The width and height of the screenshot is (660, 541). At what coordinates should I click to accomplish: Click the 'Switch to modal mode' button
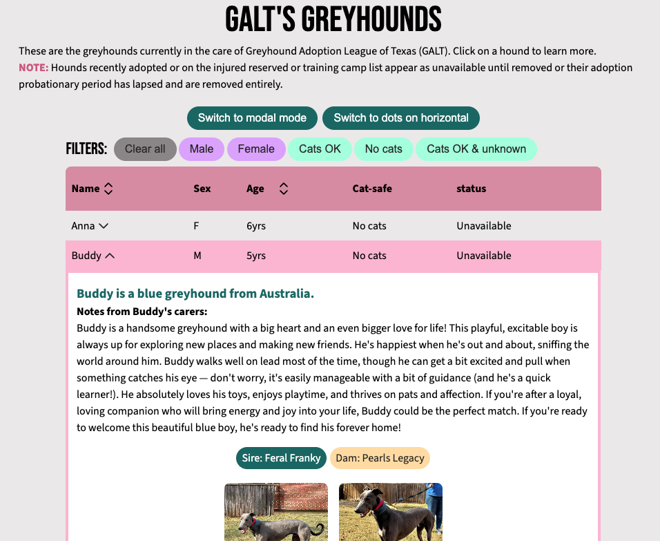252,118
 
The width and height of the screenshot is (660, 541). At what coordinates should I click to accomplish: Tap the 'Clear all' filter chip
145,149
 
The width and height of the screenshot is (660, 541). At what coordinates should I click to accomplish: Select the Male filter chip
202,149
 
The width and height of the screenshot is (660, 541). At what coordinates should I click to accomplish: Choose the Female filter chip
256,149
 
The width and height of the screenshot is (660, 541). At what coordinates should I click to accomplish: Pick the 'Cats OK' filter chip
320,149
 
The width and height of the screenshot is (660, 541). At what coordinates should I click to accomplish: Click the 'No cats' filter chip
383,149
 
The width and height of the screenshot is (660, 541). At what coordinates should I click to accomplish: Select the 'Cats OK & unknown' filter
476,149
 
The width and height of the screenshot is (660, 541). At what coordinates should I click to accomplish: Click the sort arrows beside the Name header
108,189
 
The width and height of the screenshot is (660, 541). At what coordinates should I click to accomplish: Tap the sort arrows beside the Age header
283,189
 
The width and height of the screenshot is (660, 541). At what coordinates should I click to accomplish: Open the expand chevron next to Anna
104,226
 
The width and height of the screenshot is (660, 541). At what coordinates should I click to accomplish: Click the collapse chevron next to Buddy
109,256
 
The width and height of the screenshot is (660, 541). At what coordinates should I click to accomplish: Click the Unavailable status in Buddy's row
483,256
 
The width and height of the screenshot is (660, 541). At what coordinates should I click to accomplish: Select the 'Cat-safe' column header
372,189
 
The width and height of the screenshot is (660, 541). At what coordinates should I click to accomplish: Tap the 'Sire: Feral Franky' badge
281,458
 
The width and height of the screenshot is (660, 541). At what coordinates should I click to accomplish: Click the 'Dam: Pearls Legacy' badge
380,458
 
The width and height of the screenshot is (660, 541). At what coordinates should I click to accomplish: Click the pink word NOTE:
33,68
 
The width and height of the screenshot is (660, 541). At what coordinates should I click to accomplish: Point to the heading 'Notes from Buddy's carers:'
142,312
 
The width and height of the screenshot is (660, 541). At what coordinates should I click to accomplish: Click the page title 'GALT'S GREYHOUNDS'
333,19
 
